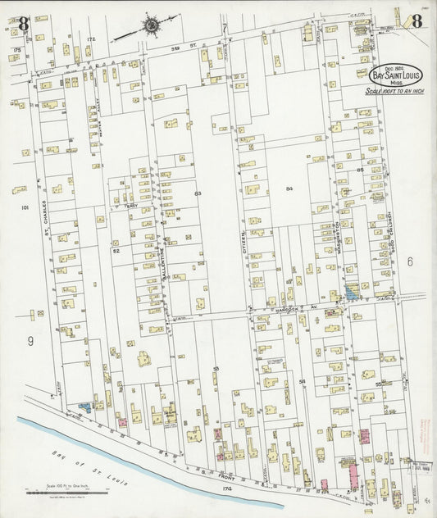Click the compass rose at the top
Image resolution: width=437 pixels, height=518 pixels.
151,25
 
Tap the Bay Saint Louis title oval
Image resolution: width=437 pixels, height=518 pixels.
390,75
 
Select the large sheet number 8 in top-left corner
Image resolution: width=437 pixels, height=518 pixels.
23,24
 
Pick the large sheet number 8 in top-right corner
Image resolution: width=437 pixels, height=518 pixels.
417,22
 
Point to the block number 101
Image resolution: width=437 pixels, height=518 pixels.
25,208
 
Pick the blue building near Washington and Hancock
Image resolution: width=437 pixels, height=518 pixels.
352,291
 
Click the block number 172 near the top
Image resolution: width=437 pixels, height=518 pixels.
91,39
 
